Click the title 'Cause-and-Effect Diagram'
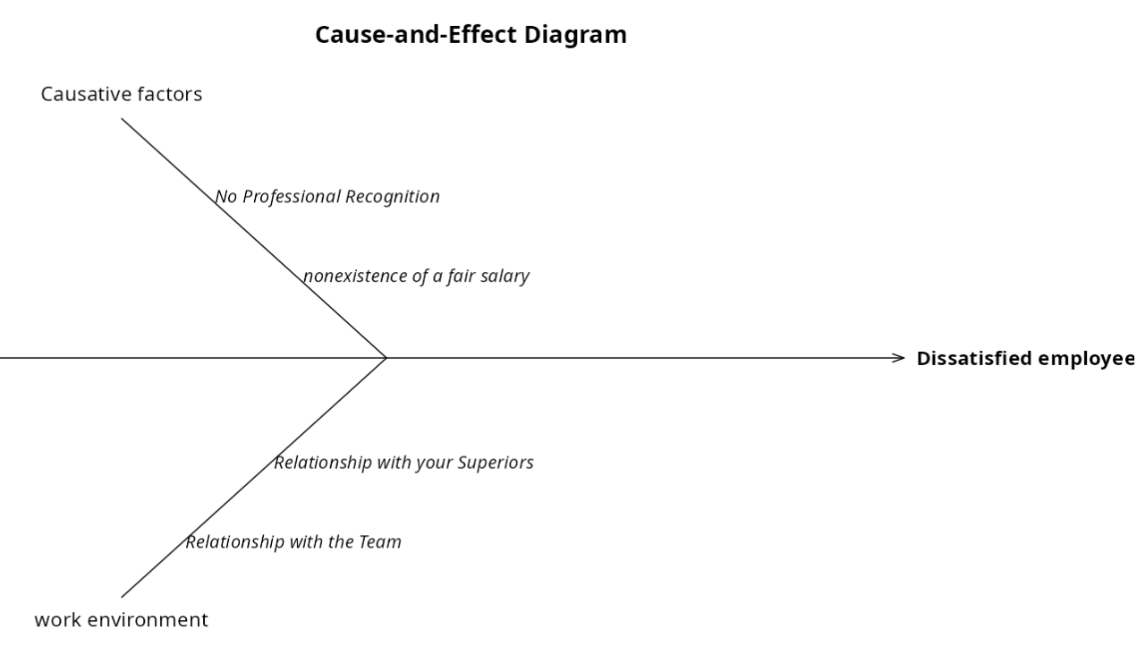(471, 35)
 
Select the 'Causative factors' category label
(122, 94)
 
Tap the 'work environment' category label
(121, 619)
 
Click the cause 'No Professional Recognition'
(327, 197)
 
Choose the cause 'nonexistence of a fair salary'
(416, 276)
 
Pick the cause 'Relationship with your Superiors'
(403, 463)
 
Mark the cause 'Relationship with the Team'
(293, 541)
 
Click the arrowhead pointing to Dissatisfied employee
(900, 358)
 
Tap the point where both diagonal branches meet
(386, 358)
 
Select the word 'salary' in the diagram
(505, 276)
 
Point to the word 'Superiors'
(496, 463)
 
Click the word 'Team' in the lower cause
(380, 541)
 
